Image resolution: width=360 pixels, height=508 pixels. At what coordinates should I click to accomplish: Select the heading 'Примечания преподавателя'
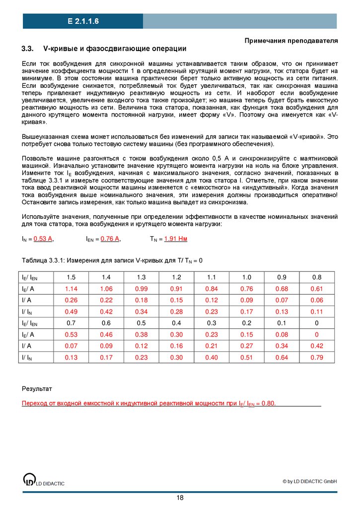tap(291, 40)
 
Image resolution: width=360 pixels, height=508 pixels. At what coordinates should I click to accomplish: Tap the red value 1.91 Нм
tap(175, 239)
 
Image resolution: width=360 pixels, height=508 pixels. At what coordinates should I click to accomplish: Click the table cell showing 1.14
tap(71, 289)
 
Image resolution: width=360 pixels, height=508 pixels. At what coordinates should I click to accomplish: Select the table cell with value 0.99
tap(142, 289)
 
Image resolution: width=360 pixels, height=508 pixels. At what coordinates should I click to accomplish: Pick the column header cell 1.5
tap(71, 277)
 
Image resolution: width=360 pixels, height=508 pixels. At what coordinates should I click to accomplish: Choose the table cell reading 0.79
tap(317, 357)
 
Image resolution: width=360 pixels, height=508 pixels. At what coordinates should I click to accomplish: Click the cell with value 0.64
tap(282, 357)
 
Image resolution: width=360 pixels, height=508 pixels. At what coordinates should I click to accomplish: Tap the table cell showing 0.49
tap(71, 312)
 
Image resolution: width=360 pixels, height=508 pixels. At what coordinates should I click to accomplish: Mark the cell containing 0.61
tap(317, 289)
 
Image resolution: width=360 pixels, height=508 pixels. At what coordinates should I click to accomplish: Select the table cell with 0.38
tap(142, 334)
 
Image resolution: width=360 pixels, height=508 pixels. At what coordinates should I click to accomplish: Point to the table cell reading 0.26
tap(71, 300)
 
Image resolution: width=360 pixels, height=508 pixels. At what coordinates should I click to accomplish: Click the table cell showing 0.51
tap(247, 357)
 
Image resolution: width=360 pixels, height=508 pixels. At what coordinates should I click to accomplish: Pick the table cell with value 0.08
tap(282, 334)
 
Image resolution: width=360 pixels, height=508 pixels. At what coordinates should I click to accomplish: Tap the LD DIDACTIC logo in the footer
tap(30, 480)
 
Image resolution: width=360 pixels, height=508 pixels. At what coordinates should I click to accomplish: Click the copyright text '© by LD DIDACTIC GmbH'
tap(309, 481)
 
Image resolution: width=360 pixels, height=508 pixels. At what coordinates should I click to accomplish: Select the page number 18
tap(180, 498)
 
